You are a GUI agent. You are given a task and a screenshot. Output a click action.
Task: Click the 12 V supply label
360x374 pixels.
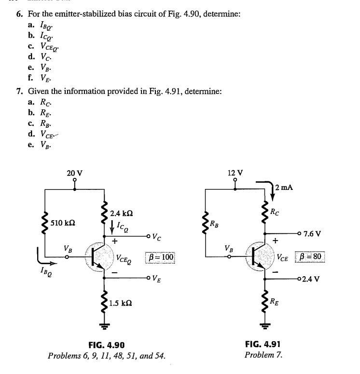[235, 173]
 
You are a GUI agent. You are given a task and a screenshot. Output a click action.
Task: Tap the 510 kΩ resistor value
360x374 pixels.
[63, 223]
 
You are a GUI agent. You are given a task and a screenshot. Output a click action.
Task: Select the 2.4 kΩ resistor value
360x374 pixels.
[121, 213]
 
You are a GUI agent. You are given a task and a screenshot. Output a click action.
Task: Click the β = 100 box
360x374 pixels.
[160, 257]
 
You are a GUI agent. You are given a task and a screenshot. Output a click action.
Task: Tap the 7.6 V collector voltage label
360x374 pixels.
[310, 233]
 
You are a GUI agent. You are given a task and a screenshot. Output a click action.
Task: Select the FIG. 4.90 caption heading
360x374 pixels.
[107, 345]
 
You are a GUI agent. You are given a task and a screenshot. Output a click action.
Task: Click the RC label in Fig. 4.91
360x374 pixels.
[275, 211]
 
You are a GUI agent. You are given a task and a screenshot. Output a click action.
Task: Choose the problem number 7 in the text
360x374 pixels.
[18, 91]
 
